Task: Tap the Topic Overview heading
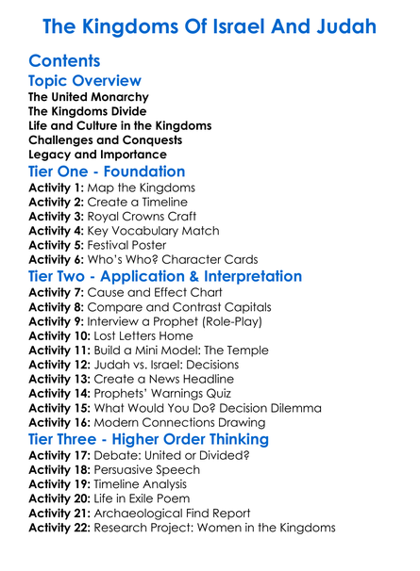[x=85, y=82]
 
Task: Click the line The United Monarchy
[x=89, y=97]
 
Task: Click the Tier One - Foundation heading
[x=107, y=172]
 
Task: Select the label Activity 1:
[x=57, y=188]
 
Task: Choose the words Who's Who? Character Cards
[x=185, y=259]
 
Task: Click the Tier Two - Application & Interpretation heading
[x=165, y=277]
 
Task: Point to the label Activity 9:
[x=57, y=321]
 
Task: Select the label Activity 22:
[x=60, y=528]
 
